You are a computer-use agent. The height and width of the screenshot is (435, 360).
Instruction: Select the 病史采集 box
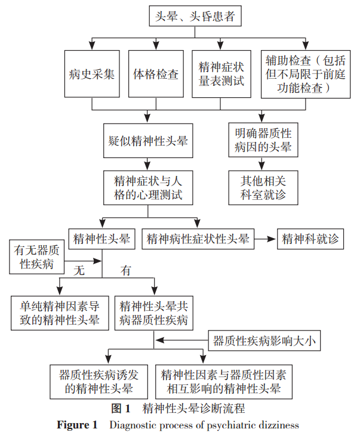(x=91, y=75)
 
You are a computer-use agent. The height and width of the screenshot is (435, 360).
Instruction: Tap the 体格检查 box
(x=156, y=75)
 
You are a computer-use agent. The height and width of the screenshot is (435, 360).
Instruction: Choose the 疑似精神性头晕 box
(x=146, y=141)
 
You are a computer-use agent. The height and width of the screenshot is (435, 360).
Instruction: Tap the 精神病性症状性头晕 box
(x=198, y=239)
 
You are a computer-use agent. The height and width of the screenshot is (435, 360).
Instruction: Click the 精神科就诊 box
(x=310, y=239)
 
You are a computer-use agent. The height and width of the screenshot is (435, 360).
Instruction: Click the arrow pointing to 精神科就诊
(x=266, y=239)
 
